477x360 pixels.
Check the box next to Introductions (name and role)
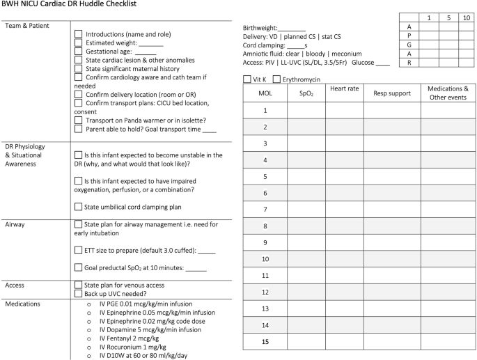click(x=79, y=33)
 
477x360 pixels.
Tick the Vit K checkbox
click(x=247, y=79)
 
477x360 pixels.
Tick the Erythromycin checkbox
click(x=277, y=79)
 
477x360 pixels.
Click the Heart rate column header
click(x=344, y=89)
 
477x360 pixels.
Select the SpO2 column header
click(x=306, y=92)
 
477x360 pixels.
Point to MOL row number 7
click(x=265, y=209)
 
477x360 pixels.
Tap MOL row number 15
click(x=265, y=341)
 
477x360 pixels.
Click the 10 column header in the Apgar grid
click(x=465, y=17)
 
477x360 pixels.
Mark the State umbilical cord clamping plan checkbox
click(x=79, y=206)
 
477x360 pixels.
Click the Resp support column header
click(x=391, y=92)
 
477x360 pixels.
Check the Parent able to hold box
click(x=79, y=129)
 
